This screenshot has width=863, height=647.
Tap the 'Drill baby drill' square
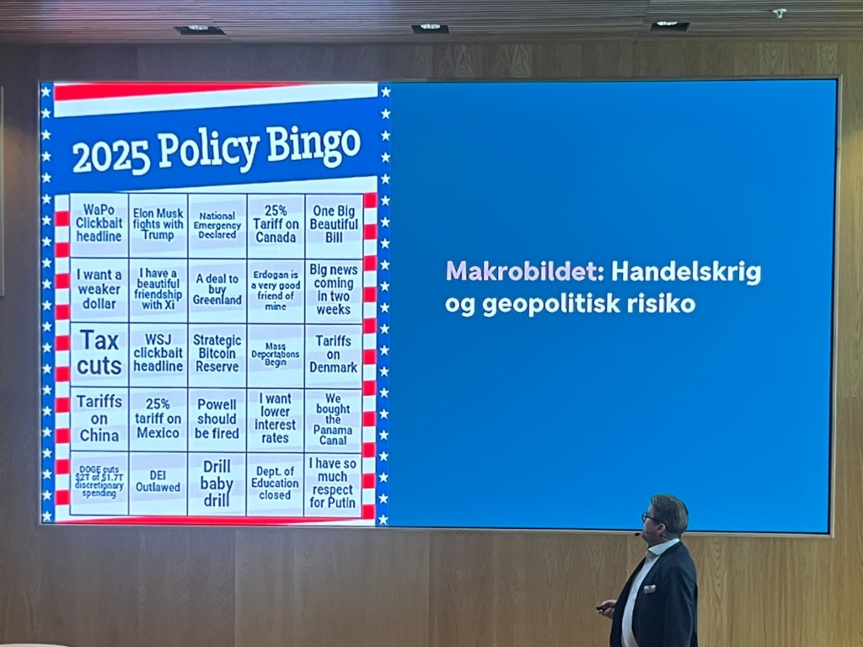(x=217, y=484)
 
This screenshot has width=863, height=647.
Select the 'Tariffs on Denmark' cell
(x=333, y=355)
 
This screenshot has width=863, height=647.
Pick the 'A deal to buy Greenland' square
(x=217, y=290)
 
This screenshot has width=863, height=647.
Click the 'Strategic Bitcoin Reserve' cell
(x=217, y=355)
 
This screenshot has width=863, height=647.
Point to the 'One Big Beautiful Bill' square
(x=334, y=225)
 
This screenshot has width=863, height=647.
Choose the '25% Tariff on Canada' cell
(x=276, y=225)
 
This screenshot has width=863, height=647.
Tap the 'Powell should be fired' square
(x=217, y=420)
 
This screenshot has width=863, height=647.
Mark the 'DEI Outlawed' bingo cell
(x=158, y=483)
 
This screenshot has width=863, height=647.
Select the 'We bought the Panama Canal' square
(x=333, y=420)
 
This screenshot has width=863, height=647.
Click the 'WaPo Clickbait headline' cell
(x=99, y=224)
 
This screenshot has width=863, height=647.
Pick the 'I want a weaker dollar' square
(x=99, y=290)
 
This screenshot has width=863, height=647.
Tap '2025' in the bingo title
(x=110, y=158)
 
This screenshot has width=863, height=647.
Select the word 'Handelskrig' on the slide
(x=686, y=273)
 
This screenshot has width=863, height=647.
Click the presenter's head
(x=667, y=516)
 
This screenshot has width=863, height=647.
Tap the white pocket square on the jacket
(x=650, y=589)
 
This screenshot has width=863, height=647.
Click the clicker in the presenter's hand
(x=605, y=607)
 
